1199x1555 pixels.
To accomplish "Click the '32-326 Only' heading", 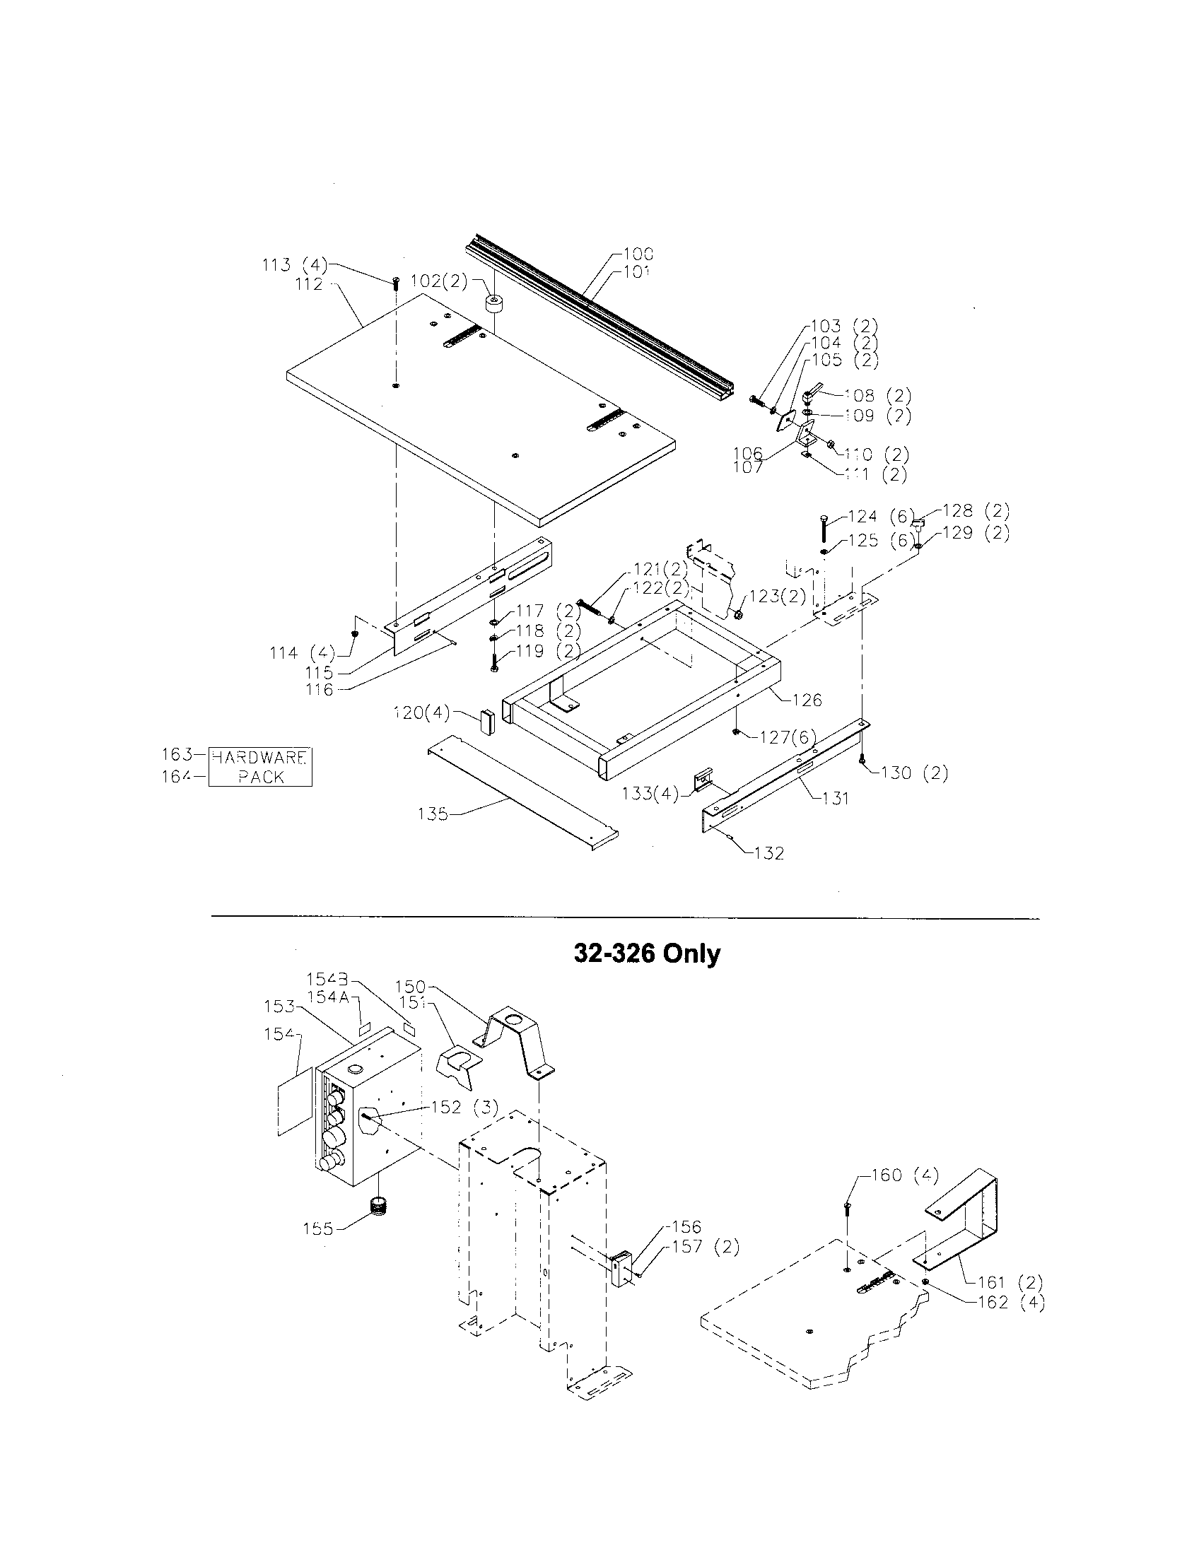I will click(x=646, y=953).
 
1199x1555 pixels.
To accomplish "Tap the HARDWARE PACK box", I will click(x=260, y=767).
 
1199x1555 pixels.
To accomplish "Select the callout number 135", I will click(x=433, y=813).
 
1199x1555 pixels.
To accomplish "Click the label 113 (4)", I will click(x=294, y=265).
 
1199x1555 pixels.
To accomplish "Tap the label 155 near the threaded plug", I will click(x=317, y=1228).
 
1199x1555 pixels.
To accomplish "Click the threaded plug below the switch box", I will click(x=382, y=1206).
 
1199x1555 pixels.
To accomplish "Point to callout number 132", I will click(x=768, y=853).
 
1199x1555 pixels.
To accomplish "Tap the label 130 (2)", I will click(x=914, y=773).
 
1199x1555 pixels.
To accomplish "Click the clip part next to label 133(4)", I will click(x=703, y=781).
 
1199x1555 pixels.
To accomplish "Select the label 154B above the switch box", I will click(x=327, y=978).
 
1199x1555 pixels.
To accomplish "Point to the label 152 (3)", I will click(x=464, y=1107).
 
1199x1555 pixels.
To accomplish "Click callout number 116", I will click(x=319, y=689).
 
